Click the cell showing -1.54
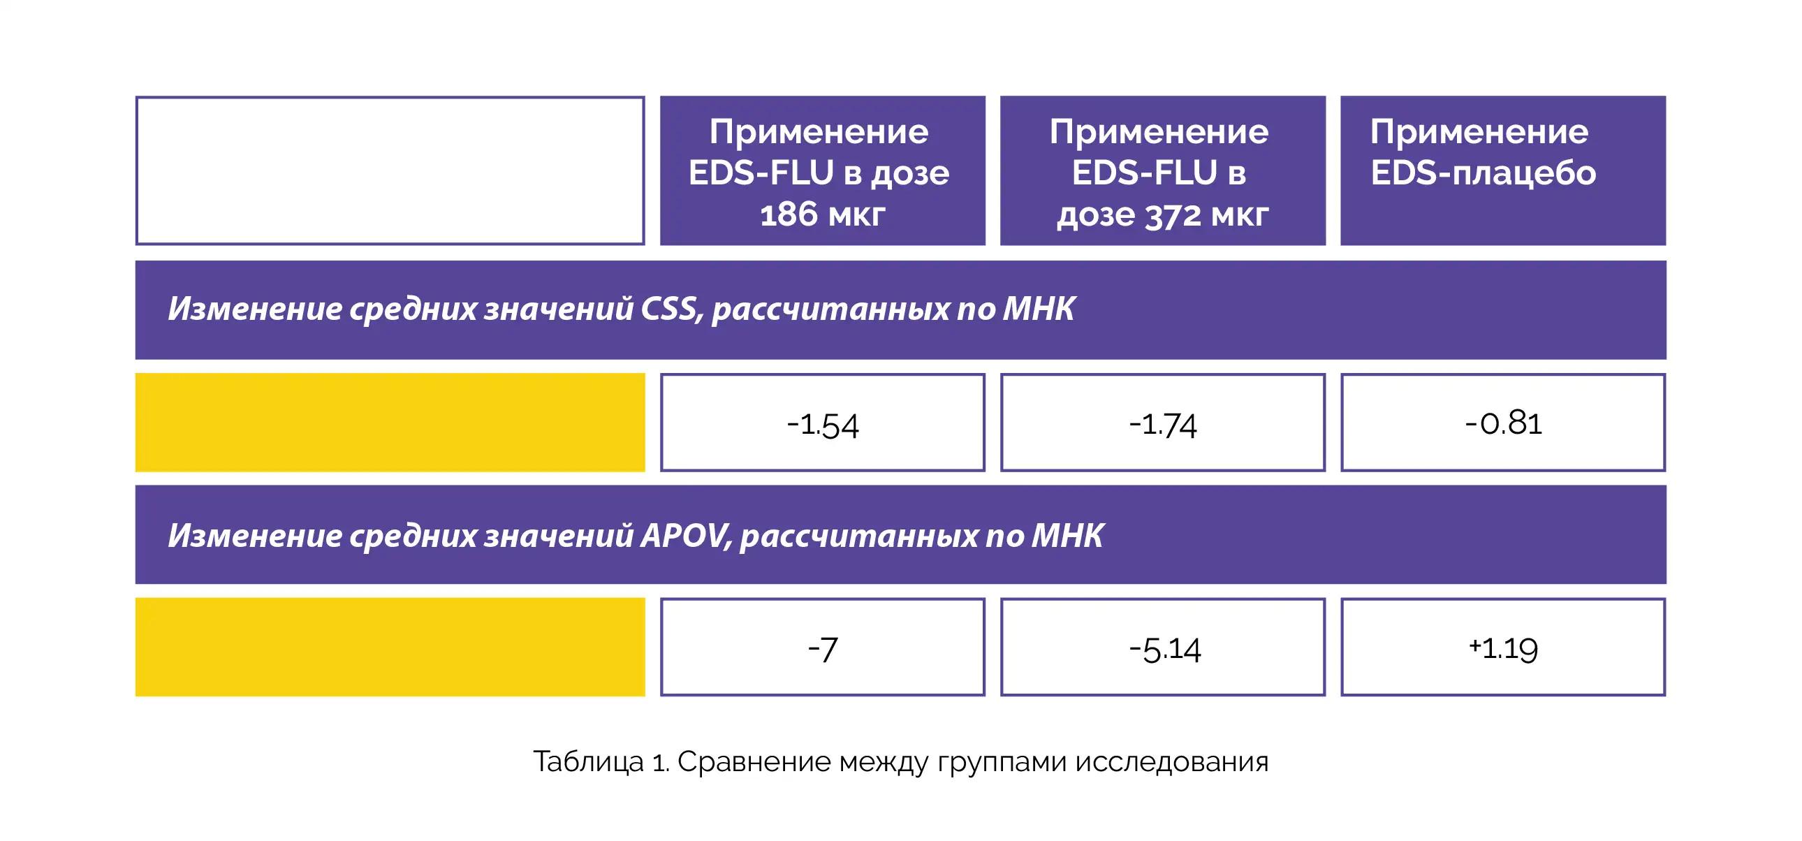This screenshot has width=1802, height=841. tap(823, 423)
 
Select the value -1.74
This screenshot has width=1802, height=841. tap(1163, 423)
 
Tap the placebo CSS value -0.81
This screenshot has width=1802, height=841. tap(1503, 423)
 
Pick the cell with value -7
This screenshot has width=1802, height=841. tap(823, 648)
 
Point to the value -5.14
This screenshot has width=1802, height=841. tap(1163, 648)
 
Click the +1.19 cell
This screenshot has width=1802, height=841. tap(1503, 648)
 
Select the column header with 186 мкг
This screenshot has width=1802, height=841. tap(823, 170)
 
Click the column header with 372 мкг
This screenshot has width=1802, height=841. tap(1163, 170)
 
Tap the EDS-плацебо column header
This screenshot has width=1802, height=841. tap(1503, 170)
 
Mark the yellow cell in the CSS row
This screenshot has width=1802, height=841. tap(390, 423)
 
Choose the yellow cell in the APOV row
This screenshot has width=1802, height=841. tap(390, 648)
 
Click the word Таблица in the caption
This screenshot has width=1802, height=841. tap(588, 762)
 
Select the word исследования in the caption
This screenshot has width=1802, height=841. tap(1172, 762)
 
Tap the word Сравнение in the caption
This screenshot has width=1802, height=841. tap(754, 762)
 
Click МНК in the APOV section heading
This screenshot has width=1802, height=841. tap(1068, 536)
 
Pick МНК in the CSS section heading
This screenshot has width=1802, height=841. tap(1039, 309)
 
